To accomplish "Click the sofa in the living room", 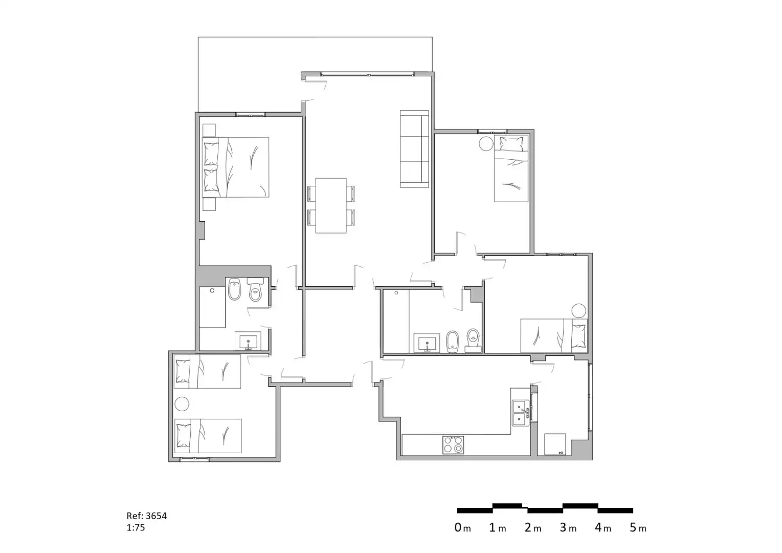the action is [414, 149].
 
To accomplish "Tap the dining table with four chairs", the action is [331, 205].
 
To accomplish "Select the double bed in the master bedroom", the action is [236, 167].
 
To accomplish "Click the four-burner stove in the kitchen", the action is [453, 444].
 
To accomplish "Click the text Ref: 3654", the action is [147, 516].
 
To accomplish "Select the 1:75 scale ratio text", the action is [136, 527].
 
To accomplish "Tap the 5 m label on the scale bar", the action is [638, 528].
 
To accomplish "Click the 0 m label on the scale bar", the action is [462, 528].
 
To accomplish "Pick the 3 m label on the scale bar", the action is [568, 528].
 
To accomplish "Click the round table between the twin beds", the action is [182, 404].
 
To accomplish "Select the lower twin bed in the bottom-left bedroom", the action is [208, 436].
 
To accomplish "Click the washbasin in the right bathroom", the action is [427, 343].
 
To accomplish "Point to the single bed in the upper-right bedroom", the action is [511, 168].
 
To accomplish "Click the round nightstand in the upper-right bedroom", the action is [486, 143].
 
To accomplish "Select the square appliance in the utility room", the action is [555, 444].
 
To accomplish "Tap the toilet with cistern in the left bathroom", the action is [256, 289].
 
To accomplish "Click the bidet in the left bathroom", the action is [234, 289].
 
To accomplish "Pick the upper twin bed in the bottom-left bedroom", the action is [207, 371].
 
